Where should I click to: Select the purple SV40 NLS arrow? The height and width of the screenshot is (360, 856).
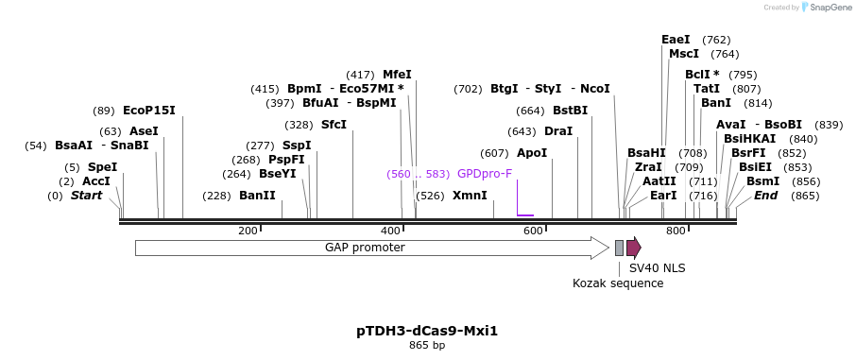(x=633, y=248)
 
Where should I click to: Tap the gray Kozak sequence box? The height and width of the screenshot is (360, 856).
(x=619, y=248)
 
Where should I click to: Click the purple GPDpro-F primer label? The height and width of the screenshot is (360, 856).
(x=485, y=174)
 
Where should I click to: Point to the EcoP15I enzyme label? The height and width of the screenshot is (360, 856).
(x=149, y=111)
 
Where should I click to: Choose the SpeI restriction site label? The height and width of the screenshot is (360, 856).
(x=102, y=167)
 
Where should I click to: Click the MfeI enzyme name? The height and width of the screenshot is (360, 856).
(x=397, y=75)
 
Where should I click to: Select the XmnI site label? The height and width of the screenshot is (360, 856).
(x=470, y=196)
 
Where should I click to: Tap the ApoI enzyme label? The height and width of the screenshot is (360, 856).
(x=532, y=153)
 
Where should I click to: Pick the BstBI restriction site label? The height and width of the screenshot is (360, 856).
(x=570, y=111)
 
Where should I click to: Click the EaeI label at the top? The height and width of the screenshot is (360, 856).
(x=676, y=40)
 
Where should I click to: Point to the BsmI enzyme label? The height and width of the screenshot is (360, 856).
(x=763, y=181)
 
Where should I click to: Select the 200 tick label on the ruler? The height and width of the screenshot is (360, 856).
(x=248, y=231)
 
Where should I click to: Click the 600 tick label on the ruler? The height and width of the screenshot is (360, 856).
(x=533, y=231)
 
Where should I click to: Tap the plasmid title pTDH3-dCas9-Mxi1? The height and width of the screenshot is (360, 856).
(x=427, y=331)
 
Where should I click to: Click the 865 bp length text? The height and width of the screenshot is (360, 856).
(x=427, y=346)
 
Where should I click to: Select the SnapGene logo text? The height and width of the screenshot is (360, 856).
(x=829, y=8)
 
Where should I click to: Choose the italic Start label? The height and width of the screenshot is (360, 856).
(x=87, y=196)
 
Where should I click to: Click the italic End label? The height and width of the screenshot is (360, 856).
(x=766, y=196)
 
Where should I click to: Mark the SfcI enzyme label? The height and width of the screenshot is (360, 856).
(x=334, y=125)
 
